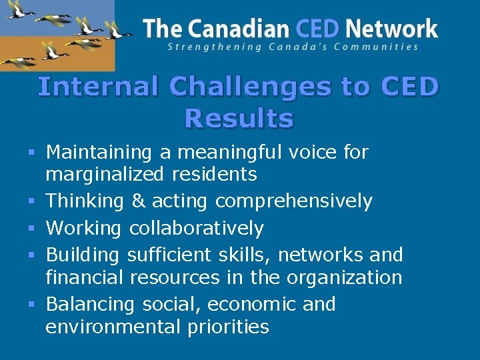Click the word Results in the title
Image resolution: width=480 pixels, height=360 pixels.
tap(239, 119)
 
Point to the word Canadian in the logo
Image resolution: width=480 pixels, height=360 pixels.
tap(236, 29)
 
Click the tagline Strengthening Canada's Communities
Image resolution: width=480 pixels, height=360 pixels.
tap(293, 47)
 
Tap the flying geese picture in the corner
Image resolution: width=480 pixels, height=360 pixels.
tap(57, 35)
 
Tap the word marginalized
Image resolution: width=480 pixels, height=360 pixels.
tap(104, 175)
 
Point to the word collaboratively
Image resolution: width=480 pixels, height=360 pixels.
tap(196, 228)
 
